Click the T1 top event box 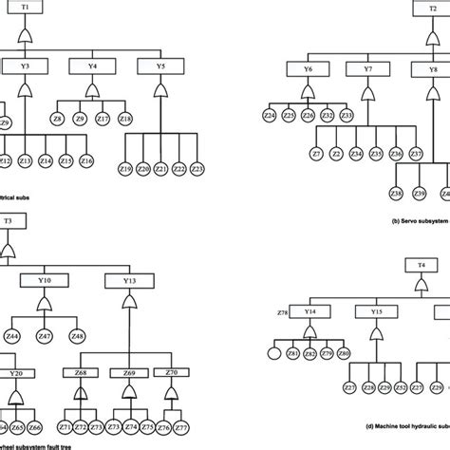point(26,8)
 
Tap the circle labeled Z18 point(128,119)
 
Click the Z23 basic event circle point(197,169)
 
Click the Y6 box point(308,70)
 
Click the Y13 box point(129,281)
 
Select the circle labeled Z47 point(45,337)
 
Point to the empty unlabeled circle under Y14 point(274,354)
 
